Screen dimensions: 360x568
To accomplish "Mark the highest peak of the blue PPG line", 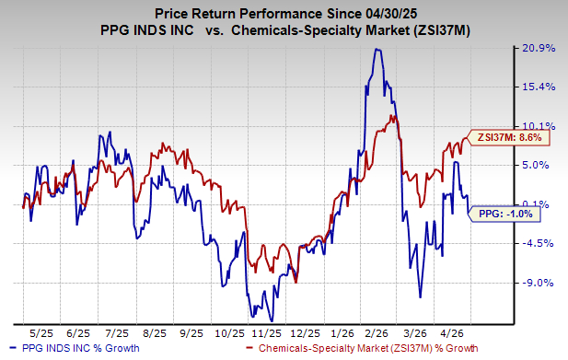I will coord(376,49).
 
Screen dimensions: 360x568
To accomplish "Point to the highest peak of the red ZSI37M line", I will coord(393,115).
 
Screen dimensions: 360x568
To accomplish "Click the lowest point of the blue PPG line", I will coord(272,320).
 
